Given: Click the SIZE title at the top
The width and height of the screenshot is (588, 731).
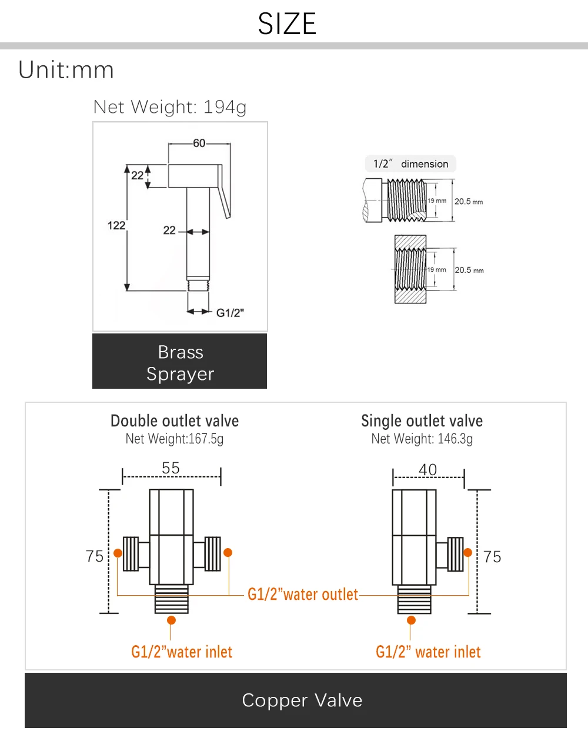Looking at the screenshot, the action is coord(287,24).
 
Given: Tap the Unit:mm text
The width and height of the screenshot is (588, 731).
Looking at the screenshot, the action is coord(66,70).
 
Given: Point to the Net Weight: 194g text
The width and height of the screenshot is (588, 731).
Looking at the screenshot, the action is coord(169,108).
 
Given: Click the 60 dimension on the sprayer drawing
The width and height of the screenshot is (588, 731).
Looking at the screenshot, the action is coord(199,143).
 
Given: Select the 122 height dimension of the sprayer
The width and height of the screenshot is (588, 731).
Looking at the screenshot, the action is coord(116,226).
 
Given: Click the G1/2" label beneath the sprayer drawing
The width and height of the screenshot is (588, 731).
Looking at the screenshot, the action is coord(230,313).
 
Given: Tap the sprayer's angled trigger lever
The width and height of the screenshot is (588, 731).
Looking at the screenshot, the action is coord(224,191).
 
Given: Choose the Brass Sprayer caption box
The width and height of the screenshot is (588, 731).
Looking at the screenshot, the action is coord(180,361).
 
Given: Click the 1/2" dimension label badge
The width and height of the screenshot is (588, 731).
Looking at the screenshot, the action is coord(410,164).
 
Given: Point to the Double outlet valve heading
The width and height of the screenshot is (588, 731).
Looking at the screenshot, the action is coord(175,421).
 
